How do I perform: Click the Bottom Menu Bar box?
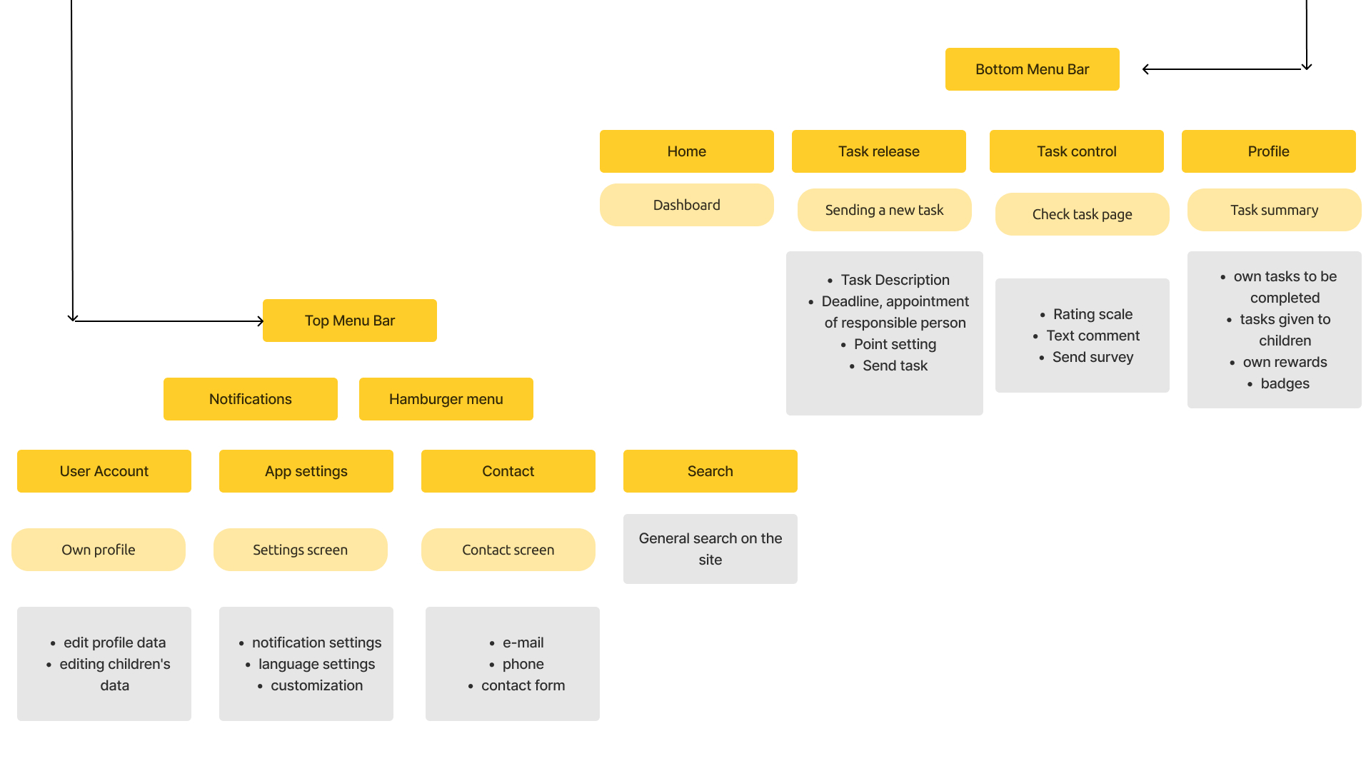(1032, 69)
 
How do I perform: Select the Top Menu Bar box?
(350, 321)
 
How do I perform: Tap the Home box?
(687, 151)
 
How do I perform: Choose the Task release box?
(879, 151)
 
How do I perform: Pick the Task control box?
(1077, 151)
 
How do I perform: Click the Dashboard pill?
(687, 205)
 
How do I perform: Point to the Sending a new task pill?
(885, 210)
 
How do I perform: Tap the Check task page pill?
(1083, 214)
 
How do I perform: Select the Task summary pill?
(1275, 210)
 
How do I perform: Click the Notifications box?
(251, 399)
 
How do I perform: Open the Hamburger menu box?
(446, 399)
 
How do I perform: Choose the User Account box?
(104, 471)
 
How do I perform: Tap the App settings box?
(306, 471)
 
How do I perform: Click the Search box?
(710, 471)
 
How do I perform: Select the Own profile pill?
(99, 550)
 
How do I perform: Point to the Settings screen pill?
(301, 550)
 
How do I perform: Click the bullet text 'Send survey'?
(1093, 357)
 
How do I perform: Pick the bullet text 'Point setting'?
(895, 344)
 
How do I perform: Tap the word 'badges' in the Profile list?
(1285, 383)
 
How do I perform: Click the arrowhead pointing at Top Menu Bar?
(261, 321)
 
